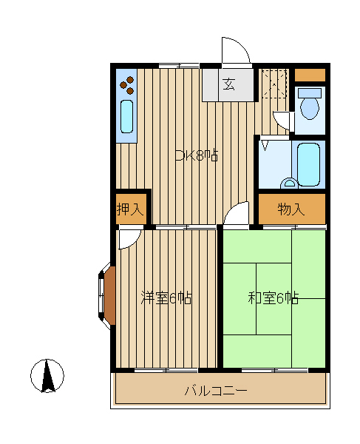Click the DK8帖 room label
click(x=197, y=155)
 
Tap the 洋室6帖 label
click(x=166, y=298)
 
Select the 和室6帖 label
click(x=274, y=298)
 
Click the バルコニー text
click(x=216, y=391)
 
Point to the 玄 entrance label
click(x=228, y=84)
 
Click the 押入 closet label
click(x=131, y=209)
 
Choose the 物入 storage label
click(x=291, y=209)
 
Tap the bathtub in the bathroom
click(x=308, y=164)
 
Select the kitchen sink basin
click(x=126, y=116)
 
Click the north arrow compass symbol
click(x=47, y=376)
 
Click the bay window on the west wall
click(x=106, y=295)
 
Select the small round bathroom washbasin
click(x=289, y=184)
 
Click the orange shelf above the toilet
click(x=310, y=75)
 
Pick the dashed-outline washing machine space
click(x=274, y=84)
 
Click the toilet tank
click(x=310, y=93)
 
